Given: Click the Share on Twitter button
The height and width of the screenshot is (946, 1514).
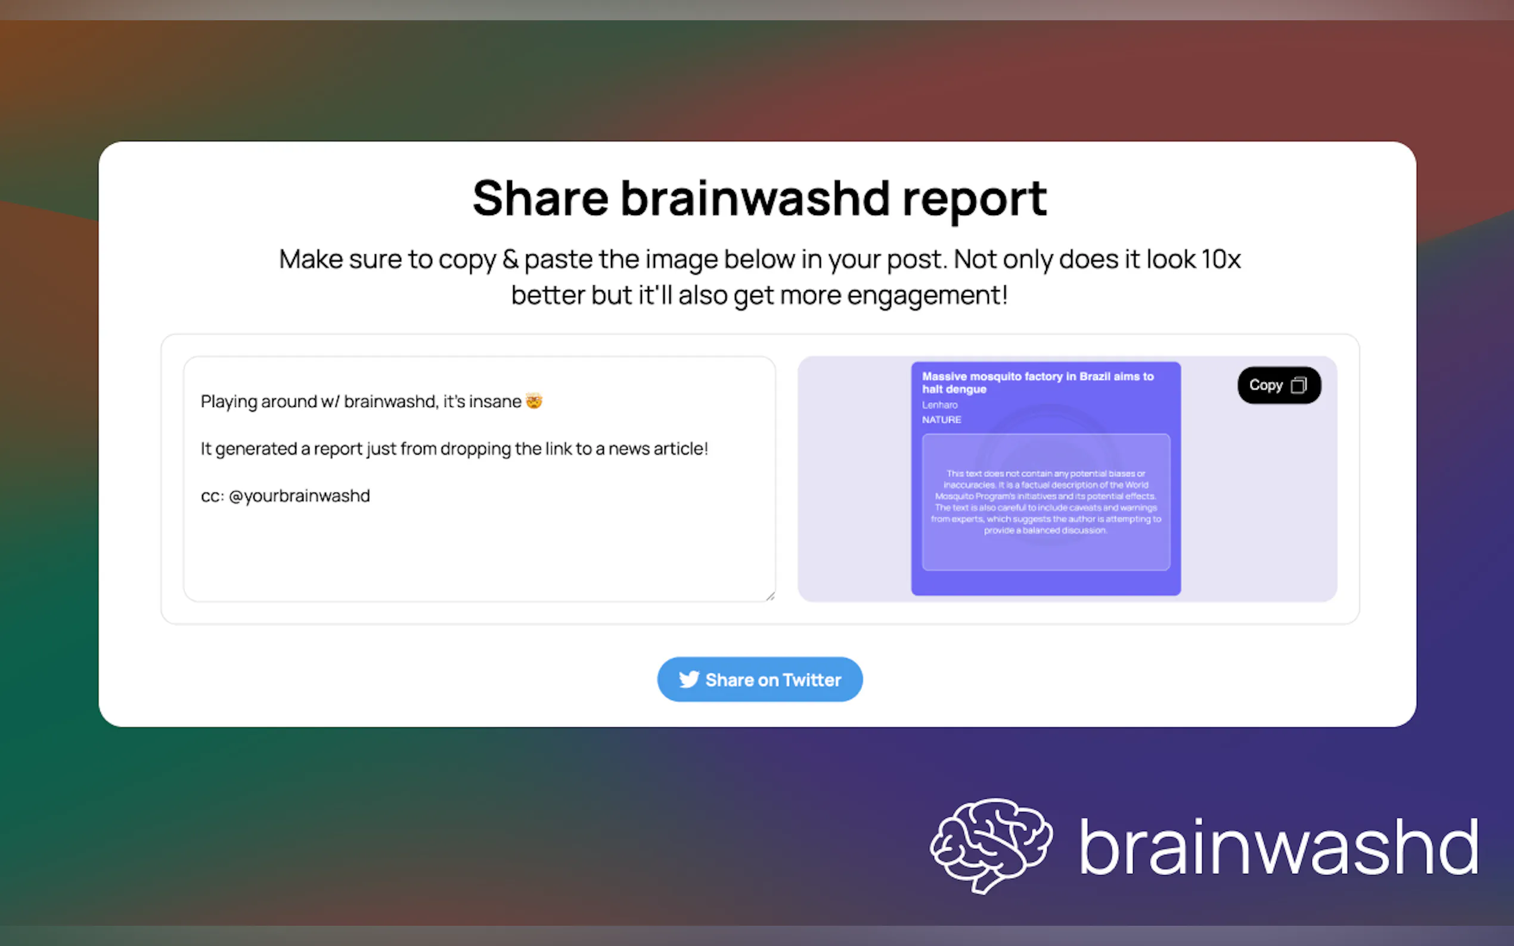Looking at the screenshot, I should click(759, 680).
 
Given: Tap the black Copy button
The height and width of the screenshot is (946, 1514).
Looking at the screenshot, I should click(1279, 385).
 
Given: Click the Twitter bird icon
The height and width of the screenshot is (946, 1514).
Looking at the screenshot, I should click(688, 680).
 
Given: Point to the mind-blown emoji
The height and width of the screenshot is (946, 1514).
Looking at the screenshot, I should click(534, 400).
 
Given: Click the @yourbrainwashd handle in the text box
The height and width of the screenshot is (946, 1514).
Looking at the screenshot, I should click(299, 496).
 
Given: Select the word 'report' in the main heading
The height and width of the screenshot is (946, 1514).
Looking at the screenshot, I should click(975, 199).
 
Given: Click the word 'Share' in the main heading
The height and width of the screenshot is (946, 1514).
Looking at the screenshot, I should click(540, 199).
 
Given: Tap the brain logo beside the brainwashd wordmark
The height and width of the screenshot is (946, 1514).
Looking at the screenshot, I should click(991, 845).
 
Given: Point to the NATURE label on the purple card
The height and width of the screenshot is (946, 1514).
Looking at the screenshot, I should click(941, 420).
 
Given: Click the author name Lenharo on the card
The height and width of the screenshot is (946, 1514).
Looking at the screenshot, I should click(939, 405).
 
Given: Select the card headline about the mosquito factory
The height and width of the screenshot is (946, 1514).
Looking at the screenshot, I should click(1037, 382).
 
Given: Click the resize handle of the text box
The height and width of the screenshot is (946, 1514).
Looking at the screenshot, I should click(770, 596).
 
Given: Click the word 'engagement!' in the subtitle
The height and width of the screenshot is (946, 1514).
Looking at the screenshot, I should click(927, 295).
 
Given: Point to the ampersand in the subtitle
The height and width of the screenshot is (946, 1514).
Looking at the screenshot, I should click(510, 259).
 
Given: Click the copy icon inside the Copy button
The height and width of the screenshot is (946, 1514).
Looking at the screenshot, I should click(1299, 385).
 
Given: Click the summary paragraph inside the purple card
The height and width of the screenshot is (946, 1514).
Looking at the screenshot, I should click(1045, 502).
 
